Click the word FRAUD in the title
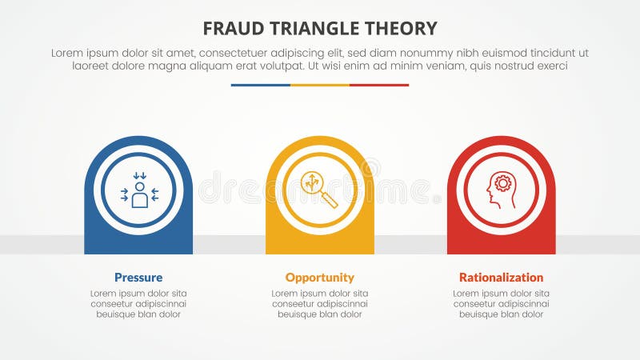(229, 29)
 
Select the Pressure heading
(138, 278)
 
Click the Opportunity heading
(319, 278)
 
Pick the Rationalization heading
(501, 278)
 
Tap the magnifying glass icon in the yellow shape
(318, 190)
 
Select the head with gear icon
(501, 190)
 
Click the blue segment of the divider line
(260, 85)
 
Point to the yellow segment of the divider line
(320, 85)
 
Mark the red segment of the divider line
(379, 85)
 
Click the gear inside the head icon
(503, 184)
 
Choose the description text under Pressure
(138, 304)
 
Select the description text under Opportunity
(319, 304)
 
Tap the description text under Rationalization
(501, 304)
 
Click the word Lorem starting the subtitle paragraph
(68, 52)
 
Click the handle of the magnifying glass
(329, 199)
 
